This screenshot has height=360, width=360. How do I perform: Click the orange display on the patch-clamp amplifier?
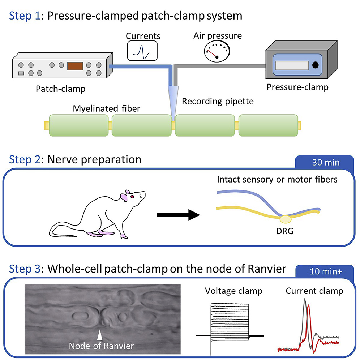click(x=75, y=66)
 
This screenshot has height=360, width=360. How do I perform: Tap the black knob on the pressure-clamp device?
click(x=315, y=65)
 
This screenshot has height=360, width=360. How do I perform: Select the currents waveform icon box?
click(x=142, y=51)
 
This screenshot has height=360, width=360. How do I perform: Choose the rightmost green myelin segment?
click(x=268, y=125)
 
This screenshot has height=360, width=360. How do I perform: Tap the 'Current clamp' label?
click(x=314, y=291)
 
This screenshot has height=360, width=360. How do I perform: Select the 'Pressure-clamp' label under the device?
click(x=297, y=87)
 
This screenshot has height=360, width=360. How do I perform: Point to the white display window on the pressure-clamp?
click(x=292, y=65)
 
